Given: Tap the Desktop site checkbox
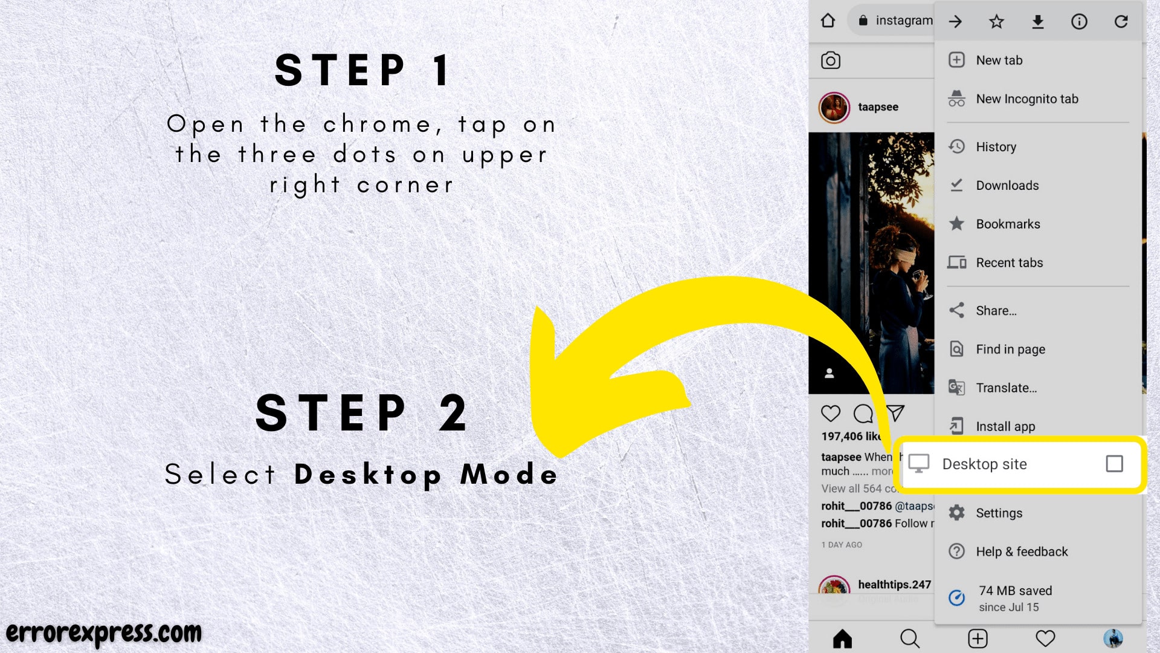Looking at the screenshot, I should coord(1114,464).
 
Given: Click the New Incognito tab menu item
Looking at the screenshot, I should coord(1026,99).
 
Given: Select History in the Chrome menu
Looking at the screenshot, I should coord(996,147).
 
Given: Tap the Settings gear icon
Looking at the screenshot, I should coord(956,513).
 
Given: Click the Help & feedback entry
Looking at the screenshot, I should coord(1021,551).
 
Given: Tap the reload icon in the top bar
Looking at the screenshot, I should coord(1121,22).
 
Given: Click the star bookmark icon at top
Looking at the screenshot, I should coord(996,22).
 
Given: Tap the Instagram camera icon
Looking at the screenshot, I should coord(831,60).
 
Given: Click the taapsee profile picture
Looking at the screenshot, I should coord(834,108).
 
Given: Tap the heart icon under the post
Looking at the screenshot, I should coord(831,414).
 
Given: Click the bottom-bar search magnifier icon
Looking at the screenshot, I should coord(909,638).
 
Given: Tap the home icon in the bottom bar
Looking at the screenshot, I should coord(842,638).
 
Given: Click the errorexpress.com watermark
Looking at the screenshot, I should coord(104,633).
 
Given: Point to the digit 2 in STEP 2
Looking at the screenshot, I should coord(453,414).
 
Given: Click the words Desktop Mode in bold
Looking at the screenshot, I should coord(426,474).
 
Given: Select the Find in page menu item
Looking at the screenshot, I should coord(1010,349).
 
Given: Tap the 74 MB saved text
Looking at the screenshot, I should coord(1015,591).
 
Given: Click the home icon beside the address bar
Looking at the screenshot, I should coord(828,21).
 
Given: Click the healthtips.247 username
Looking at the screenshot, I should coord(894,585).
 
